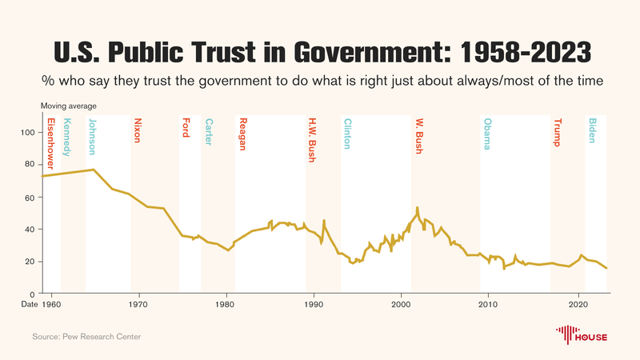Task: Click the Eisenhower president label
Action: click(x=51, y=143)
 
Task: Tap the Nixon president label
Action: click(x=138, y=130)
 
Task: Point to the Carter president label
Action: click(x=209, y=130)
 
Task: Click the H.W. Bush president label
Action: click(x=313, y=140)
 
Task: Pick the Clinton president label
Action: click(x=347, y=133)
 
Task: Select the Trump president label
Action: click(x=558, y=131)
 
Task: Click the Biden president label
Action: click(x=593, y=130)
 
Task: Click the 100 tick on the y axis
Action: click(x=30, y=132)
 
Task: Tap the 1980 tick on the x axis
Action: click(x=226, y=305)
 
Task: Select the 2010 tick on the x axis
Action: click(x=489, y=305)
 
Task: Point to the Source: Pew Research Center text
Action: click(x=86, y=337)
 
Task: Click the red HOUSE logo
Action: click(x=582, y=336)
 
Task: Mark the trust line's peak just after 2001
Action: click(x=417, y=207)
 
